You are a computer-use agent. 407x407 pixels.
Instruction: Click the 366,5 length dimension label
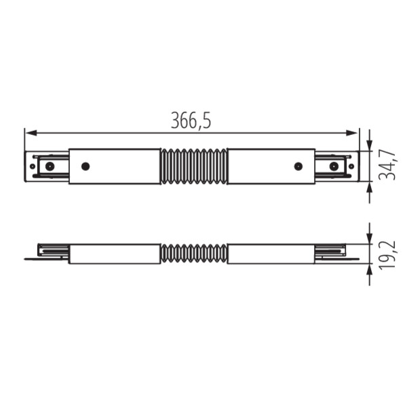191,121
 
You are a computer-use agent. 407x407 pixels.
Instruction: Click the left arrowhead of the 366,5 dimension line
31,133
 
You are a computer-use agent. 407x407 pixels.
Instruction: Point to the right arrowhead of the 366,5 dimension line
352,133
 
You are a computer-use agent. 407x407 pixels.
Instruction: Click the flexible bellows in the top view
193,166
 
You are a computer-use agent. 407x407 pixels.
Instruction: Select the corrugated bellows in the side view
193,253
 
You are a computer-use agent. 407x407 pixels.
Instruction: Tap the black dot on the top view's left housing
85,166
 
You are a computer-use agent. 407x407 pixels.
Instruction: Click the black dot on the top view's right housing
298,166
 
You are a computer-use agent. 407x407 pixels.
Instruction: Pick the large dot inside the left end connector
50,166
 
